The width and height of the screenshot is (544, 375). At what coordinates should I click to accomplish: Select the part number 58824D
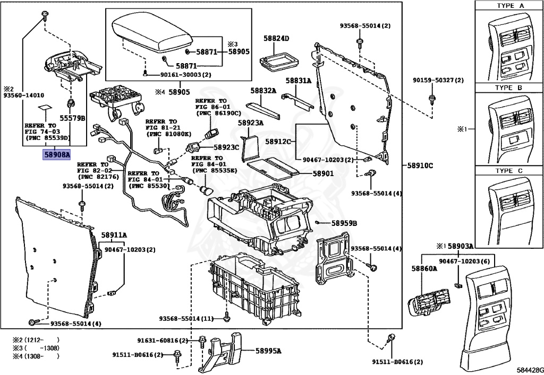point(276,38)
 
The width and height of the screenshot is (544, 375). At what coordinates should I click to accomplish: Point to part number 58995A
point(268,351)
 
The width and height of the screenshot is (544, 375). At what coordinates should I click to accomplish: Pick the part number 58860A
point(423,269)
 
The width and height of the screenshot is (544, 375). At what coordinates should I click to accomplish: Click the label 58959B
point(344,223)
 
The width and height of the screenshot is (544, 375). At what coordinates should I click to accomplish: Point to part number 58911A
point(114,234)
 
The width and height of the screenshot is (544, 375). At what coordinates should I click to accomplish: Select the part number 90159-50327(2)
point(438,80)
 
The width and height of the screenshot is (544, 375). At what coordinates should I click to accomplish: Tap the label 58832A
point(263,91)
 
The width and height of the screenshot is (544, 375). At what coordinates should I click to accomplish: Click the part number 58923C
point(226,147)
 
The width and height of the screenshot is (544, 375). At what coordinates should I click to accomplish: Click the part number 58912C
point(278,141)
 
